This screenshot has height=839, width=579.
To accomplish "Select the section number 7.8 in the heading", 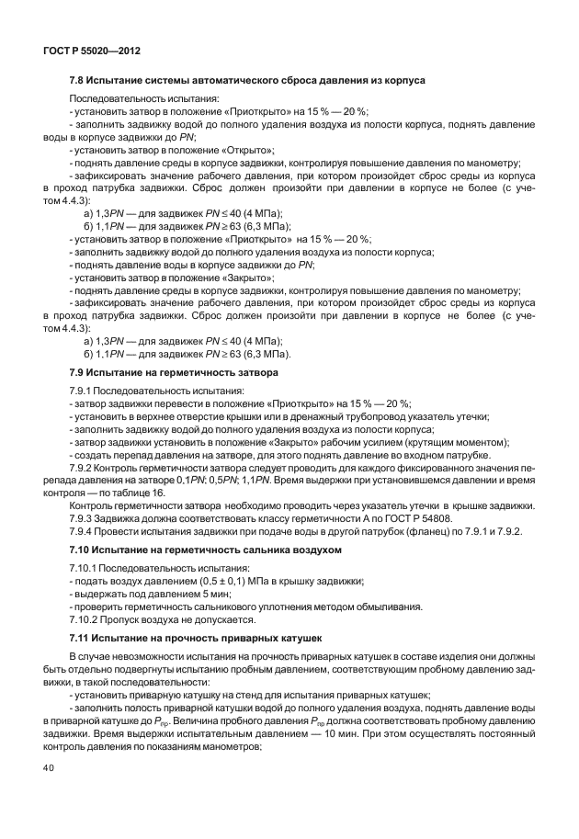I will (78, 81).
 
